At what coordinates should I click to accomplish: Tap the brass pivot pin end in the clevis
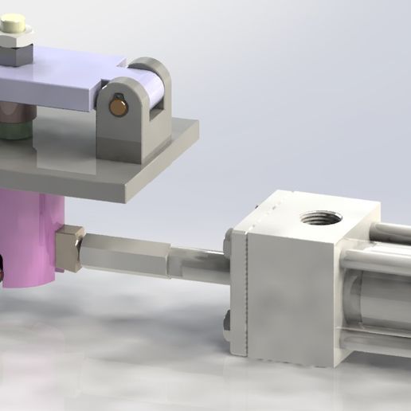[117, 105]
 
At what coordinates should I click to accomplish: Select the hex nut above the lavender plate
[16, 54]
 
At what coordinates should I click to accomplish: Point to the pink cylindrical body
[32, 239]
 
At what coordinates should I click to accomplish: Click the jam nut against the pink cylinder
[70, 249]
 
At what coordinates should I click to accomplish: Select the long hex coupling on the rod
[127, 255]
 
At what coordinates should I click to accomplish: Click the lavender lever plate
[56, 80]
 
